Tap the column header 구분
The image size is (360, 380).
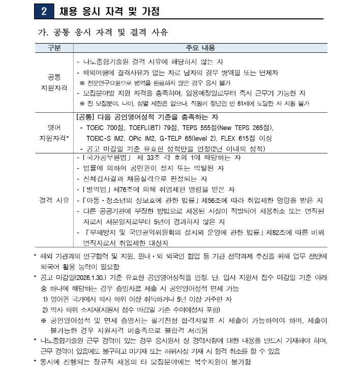[54, 48]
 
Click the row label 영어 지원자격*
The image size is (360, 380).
[54, 132]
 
